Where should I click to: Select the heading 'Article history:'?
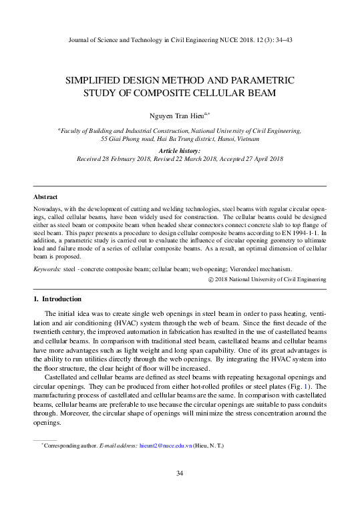[180, 152]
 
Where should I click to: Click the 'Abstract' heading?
[45, 197]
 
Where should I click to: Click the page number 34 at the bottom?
[180, 474]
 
